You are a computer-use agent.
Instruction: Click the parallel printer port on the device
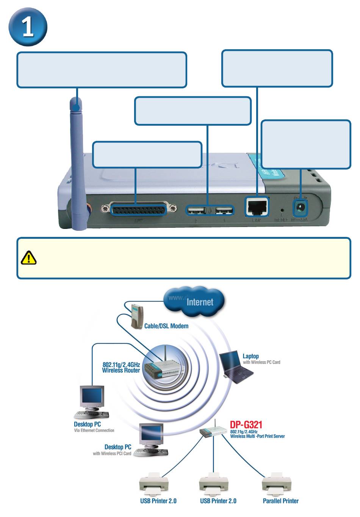138,208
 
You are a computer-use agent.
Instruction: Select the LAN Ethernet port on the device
257,206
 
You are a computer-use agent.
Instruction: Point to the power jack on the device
301,207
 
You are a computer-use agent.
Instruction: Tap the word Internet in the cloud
200,302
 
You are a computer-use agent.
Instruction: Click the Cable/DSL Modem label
166,326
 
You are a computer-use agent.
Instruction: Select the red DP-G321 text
246,425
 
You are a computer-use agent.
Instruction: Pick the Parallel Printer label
280,501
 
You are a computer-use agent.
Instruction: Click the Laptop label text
250,356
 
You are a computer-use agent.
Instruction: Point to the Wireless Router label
121,368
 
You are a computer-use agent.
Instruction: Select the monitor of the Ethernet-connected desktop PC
91,396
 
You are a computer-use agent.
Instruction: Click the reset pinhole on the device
282,209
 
